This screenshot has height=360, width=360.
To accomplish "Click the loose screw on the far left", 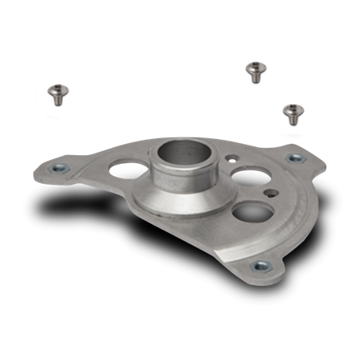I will pos(56,93).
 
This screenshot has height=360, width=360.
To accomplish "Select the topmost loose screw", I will pos(255,71).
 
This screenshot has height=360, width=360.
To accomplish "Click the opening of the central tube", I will pos(175,150).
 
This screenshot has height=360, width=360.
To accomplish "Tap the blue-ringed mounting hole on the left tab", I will pos(59,168).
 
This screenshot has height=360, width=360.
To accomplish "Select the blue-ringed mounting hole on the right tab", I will pos(294,158).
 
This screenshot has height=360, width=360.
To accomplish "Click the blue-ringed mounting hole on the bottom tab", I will pos(259,267).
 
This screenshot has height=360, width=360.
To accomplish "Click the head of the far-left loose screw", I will pos(56,88).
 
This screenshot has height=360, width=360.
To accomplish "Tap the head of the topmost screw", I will pos(255,66).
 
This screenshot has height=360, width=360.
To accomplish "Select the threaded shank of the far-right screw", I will pos(292,118).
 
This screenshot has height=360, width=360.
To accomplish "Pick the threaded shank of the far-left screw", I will pos(57,99).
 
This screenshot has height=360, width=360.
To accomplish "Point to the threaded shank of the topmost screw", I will pos(255,76).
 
